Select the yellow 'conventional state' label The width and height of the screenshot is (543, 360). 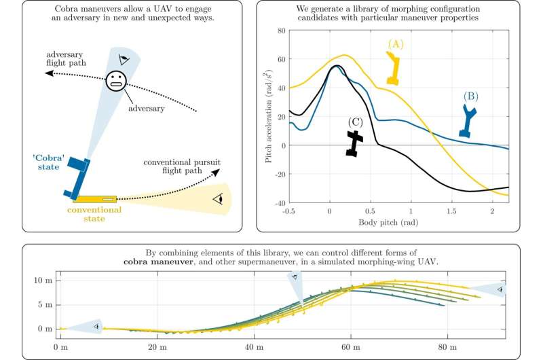(x=94, y=214)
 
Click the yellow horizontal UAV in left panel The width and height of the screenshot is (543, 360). (x=94, y=199)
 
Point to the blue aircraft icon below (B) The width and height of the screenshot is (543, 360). (x=467, y=123)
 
